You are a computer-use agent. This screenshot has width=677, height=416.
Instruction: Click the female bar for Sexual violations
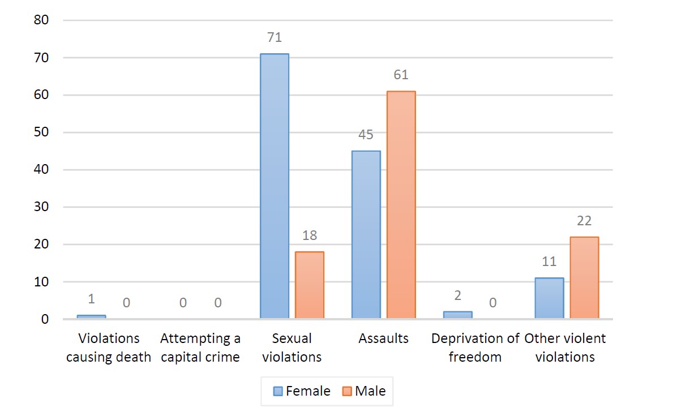point(275,186)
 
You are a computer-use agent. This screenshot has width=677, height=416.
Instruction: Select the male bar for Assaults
point(401,205)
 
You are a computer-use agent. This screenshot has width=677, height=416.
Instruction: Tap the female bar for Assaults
point(366,235)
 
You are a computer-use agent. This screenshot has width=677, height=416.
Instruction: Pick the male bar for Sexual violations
point(310,285)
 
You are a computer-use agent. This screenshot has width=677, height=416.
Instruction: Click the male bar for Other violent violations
point(584,278)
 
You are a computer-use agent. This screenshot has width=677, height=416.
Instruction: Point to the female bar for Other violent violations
point(549,298)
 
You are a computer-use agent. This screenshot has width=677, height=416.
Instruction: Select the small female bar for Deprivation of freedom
point(457,315)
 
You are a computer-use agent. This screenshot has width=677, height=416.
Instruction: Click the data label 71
point(275,38)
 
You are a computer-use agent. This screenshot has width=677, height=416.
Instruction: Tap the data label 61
point(401,75)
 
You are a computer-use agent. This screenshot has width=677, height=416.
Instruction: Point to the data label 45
point(366,135)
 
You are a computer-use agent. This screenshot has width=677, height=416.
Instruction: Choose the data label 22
point(584,221)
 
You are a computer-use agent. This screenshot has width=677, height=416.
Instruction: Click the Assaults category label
point(383,338)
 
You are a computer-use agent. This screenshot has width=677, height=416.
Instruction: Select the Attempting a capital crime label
point(200,348)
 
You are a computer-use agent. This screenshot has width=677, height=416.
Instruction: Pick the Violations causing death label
point(109,348)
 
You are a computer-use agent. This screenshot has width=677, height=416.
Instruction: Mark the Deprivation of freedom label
point(475,348)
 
